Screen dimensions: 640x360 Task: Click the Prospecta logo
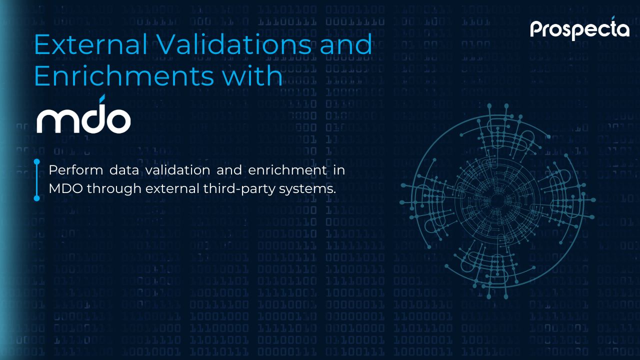click(x=579, y=28)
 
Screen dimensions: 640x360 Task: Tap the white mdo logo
click(x=83, y=114)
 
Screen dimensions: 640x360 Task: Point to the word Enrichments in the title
click(x=124, y=75)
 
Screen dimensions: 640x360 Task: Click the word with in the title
click(x=252, y=75)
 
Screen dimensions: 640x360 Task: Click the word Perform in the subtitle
click(x=75, y=170)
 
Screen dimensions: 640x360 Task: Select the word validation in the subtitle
click(x=177, y=170)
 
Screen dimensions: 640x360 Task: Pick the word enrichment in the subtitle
click(x=287, y=170)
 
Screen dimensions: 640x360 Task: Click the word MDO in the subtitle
click(x=66, y=188)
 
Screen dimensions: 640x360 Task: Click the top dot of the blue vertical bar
click(x=37, y=162)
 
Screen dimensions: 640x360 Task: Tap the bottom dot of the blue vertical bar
click(x=37, y=198)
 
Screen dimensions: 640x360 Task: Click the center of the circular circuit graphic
click(x=497, y=201)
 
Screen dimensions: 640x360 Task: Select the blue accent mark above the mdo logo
click(x=102, y=98)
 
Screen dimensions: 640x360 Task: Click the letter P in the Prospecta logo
click(x=537, y=29)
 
